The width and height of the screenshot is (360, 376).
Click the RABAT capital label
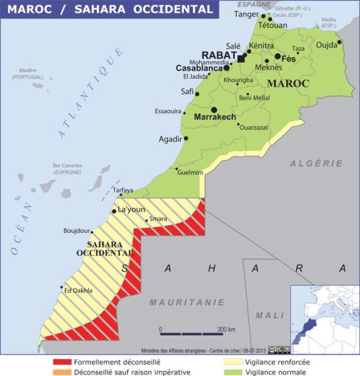pos(223,55)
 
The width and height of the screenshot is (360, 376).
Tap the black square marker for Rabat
pos(241,58)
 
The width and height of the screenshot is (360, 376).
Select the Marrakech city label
pos(215,116)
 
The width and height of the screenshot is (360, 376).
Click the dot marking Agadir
pos(185,138)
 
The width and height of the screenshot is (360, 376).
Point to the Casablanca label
pos(199,68)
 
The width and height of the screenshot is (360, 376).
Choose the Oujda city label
pos(326,44)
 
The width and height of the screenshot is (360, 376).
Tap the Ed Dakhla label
pos(78,290)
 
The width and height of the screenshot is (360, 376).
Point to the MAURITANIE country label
pos(187,302)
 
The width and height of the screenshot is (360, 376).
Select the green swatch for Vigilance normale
pos(232,372)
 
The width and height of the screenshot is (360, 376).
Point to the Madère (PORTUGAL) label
pos(28,74)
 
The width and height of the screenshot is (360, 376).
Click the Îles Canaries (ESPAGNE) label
pos(67,169)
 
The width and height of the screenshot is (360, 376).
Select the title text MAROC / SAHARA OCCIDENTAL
pos(110,10)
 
